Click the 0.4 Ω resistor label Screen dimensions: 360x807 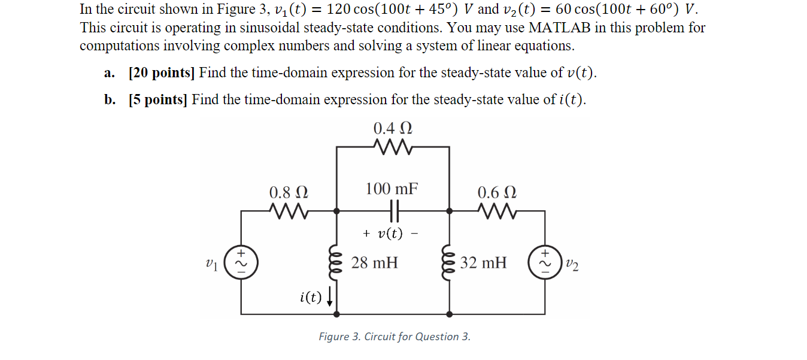coord(393,129)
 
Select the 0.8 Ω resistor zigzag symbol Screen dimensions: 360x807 coord(289,211)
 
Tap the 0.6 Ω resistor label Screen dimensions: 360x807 coord(497,193)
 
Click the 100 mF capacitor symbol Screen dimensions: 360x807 coord(393,211)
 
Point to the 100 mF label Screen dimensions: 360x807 coord(392,189)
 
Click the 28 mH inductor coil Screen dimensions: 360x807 coord(336,263)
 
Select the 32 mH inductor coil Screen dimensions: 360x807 coord(450,262)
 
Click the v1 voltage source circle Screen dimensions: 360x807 coord(241,262)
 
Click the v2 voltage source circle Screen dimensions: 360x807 coord(545,262)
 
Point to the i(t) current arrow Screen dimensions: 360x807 coord(329,297)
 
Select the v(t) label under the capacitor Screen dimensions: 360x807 coord(390,234)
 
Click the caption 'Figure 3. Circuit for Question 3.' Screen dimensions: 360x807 coord(395,337)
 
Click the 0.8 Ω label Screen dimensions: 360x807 coord(289,193)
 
